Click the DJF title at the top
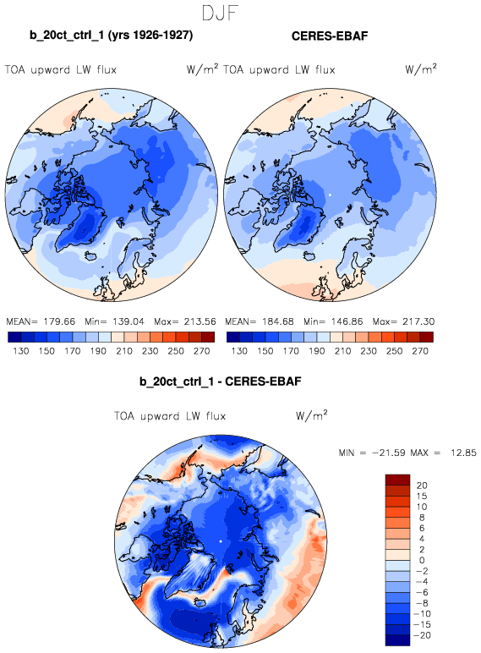(220, 13)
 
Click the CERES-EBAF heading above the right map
(330, 36)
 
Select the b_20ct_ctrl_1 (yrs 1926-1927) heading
(111, 35)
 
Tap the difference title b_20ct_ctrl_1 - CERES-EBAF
(220, 381)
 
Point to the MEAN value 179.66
(59, 321)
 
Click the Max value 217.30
(418, 321)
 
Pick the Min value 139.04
(128, 321)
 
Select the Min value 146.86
(347, 321)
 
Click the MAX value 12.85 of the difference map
(463, 453)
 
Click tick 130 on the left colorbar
(21, 351)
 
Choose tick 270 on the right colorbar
(420, 351)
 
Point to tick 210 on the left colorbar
(124, 351)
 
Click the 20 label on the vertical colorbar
(422, 486)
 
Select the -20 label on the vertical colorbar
(422, 635)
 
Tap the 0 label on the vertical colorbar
(422, 560)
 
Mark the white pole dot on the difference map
(221, 541)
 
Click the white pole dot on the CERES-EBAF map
(330, 195)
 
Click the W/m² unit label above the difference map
(312, 415)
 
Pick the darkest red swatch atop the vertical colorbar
(398, 480)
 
